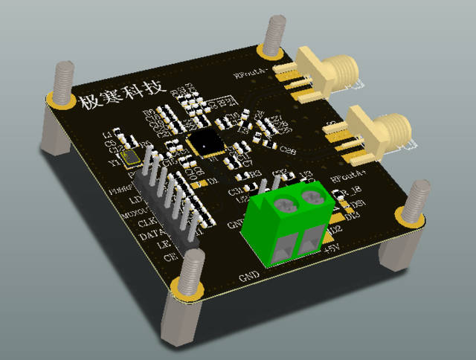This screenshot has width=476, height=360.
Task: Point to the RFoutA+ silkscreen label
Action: pos(349,179)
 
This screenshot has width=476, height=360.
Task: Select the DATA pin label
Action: pos(153,236)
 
